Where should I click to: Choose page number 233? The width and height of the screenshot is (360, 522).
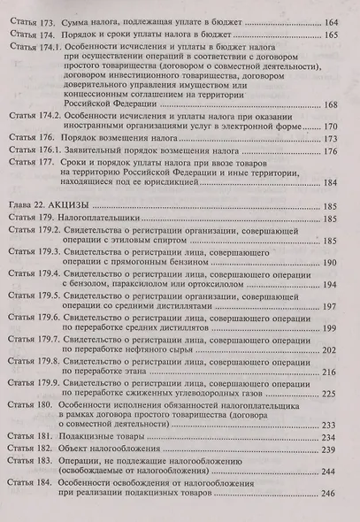click(x=333, y=449)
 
